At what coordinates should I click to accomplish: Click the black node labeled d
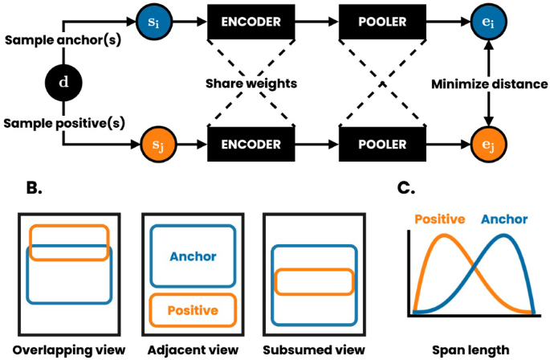pyautogui.click(x=63, y=83)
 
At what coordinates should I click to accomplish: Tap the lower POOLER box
pyautogui.click(x=381, y=145)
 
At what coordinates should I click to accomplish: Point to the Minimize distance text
pyautogui.click(x=490, y=83)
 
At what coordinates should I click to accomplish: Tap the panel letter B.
pyautogui.click(x=34, y=188)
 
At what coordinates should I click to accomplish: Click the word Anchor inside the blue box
pyautogui.click(x=193, y=257)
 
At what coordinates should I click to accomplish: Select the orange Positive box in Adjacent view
pyautogui.click(x=193, y=309)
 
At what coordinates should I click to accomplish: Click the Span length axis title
pyautogui.click(x=470, y=350)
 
